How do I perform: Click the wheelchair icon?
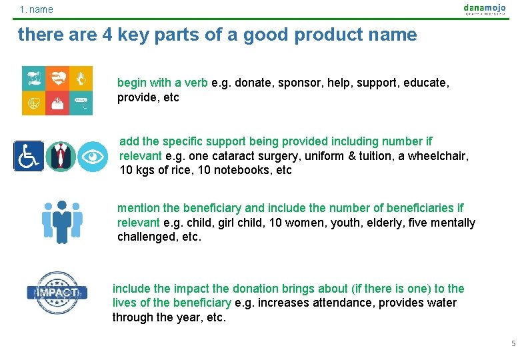29,156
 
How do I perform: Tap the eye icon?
92,157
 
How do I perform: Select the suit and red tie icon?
61,157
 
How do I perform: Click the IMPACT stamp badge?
57,293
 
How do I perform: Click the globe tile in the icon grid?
33,103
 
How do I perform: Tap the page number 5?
513,343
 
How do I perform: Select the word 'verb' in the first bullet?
196,83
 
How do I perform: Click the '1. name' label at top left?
36,9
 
